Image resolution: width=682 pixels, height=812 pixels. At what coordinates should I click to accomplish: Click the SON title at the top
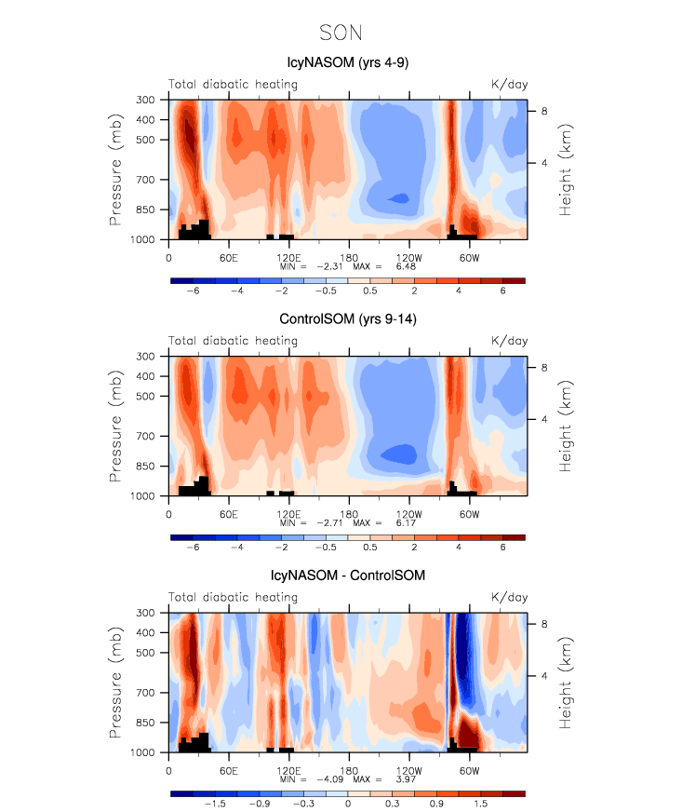click(341, 34)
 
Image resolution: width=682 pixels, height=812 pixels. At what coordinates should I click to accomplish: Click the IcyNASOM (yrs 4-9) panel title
click(343, 63)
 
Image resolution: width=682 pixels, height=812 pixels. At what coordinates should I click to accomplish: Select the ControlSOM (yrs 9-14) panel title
click(343, 320)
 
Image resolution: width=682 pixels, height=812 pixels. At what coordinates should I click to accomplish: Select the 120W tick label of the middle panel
click(408, 513)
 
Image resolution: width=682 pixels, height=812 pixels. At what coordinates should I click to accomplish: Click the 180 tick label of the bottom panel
click(348, 769)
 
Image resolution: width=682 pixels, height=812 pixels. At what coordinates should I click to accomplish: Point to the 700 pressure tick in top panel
click(149, 180)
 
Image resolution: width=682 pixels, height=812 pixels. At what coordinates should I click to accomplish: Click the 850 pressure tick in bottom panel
click(149, 723)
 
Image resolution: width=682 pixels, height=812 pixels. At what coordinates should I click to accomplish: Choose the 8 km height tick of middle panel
click(545, 369)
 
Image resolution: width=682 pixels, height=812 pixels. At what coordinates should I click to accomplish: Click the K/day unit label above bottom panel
click(509, 598)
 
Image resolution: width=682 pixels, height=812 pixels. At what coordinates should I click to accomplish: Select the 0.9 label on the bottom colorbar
click(436, 804)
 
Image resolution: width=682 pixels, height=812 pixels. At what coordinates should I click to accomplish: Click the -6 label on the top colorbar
click(193, 291)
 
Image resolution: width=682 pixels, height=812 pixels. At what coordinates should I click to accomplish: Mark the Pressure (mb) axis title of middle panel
click(115, 426)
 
